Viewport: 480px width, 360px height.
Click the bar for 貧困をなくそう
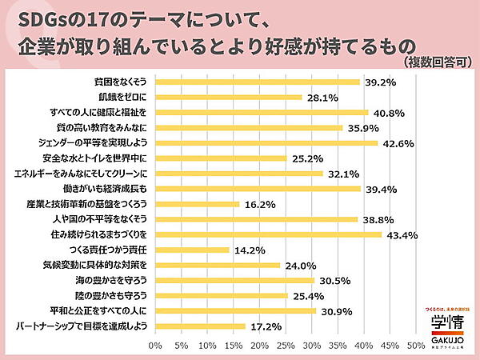(257, 82)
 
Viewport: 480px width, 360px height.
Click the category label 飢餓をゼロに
(122, 97)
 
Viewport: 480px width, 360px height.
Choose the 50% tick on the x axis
(416, 346)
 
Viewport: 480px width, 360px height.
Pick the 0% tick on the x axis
(156, 346)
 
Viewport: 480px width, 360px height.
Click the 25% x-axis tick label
(286, 346)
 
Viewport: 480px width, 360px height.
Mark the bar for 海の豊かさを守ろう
(234, 280)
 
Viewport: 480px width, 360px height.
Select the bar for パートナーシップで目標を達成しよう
(200, 326)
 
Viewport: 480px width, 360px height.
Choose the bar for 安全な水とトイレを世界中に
(221, 158)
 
